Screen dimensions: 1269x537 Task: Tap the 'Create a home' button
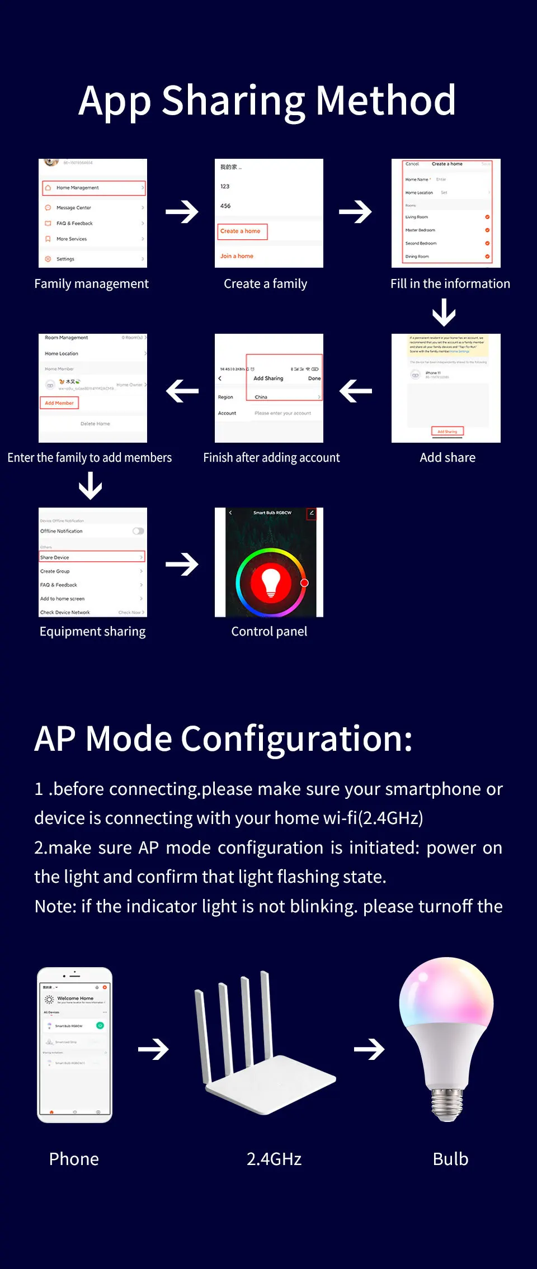[x=242, y=231]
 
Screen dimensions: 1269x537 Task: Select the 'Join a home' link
[x=237, y=256]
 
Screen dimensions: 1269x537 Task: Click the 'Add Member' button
[x=59, y=403]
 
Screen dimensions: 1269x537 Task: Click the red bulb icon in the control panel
[x=271, y=582]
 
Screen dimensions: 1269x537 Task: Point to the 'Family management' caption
[x=92, y=284]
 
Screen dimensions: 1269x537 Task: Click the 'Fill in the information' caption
[x=450, y=284]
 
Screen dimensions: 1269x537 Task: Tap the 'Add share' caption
[x=447, y=458]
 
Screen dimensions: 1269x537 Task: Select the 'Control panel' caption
[x=269, y=632]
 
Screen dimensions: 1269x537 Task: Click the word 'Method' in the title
[x=386, y=101]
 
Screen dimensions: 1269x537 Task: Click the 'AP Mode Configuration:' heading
[x=224, y=738]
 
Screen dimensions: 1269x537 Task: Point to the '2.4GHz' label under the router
[x=274, y=1159]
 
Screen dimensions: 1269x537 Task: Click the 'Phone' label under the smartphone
[x=74, y=1159]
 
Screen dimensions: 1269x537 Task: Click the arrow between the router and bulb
[x=369, y=1049]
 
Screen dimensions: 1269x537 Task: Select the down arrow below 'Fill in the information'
[x=444, y=312]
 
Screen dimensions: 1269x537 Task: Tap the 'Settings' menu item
[x=65, y=259]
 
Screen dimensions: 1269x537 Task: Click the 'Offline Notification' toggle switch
[x=138, y=531]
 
